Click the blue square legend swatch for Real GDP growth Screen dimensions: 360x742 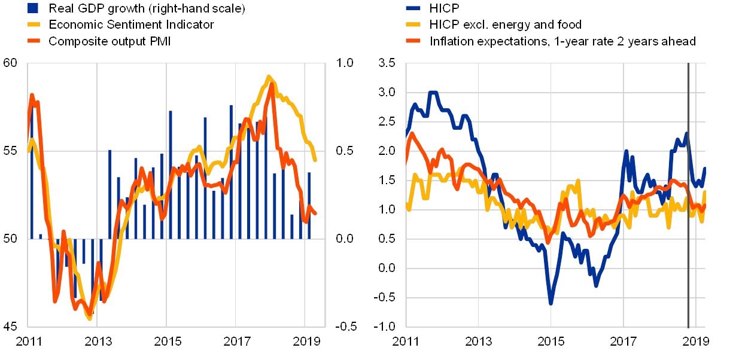(x=34, y=8)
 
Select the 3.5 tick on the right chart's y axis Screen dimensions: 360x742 (x=387, y=63)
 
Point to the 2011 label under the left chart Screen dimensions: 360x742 (x=28, y=342)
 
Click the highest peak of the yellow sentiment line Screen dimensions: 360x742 (x=269, y=77)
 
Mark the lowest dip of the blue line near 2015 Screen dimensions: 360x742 (x=551, y=303)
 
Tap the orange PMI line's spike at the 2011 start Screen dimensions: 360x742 (x=32, y=94)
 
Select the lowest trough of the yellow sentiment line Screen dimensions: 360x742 (x=90, y=319)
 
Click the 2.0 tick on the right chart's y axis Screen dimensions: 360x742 (x=387, y=151)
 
